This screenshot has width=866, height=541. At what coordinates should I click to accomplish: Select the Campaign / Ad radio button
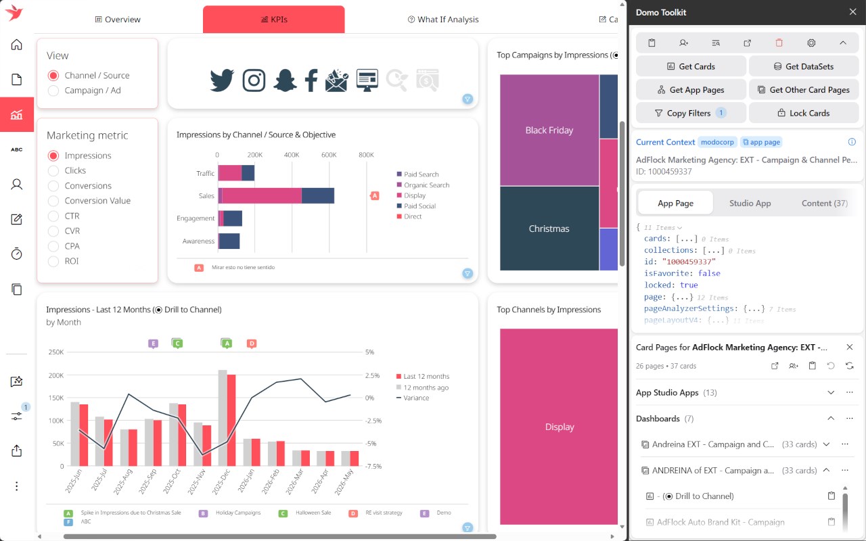53,91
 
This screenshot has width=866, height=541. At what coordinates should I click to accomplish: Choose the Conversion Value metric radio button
53,201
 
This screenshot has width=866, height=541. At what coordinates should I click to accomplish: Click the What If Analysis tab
443,20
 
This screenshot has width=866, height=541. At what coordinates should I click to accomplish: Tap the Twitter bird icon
222,80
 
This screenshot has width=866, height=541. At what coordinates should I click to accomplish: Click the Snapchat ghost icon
285,80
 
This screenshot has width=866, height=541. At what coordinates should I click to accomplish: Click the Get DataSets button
804,66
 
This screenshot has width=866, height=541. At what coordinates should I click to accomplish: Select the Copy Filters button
691,113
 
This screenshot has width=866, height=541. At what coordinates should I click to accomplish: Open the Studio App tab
750,204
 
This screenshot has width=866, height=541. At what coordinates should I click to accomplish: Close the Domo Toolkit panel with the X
853,12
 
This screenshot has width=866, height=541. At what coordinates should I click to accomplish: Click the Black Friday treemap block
549,131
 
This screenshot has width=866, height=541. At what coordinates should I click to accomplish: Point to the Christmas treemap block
549,229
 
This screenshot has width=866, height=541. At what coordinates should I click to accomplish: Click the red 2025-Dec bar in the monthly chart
231,420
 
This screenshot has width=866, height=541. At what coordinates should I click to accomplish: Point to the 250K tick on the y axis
56,352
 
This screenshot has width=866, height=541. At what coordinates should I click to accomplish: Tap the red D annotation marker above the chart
252,344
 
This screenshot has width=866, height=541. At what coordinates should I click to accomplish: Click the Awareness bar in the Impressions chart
229,241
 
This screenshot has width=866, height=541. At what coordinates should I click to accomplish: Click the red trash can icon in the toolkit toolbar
779,43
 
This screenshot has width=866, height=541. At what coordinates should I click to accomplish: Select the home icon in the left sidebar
17,45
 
